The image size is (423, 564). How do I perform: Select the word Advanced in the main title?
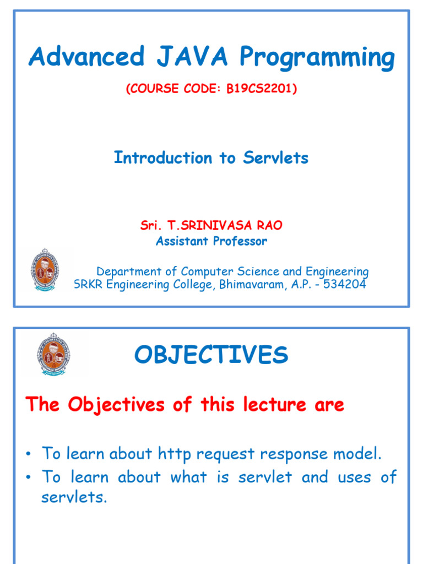point(86,57)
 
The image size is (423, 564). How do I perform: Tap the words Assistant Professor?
point(211,241)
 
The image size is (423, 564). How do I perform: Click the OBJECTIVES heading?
point(211,355)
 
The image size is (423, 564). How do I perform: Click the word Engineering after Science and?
point(337,272)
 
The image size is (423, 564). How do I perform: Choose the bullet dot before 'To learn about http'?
point(28,454)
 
